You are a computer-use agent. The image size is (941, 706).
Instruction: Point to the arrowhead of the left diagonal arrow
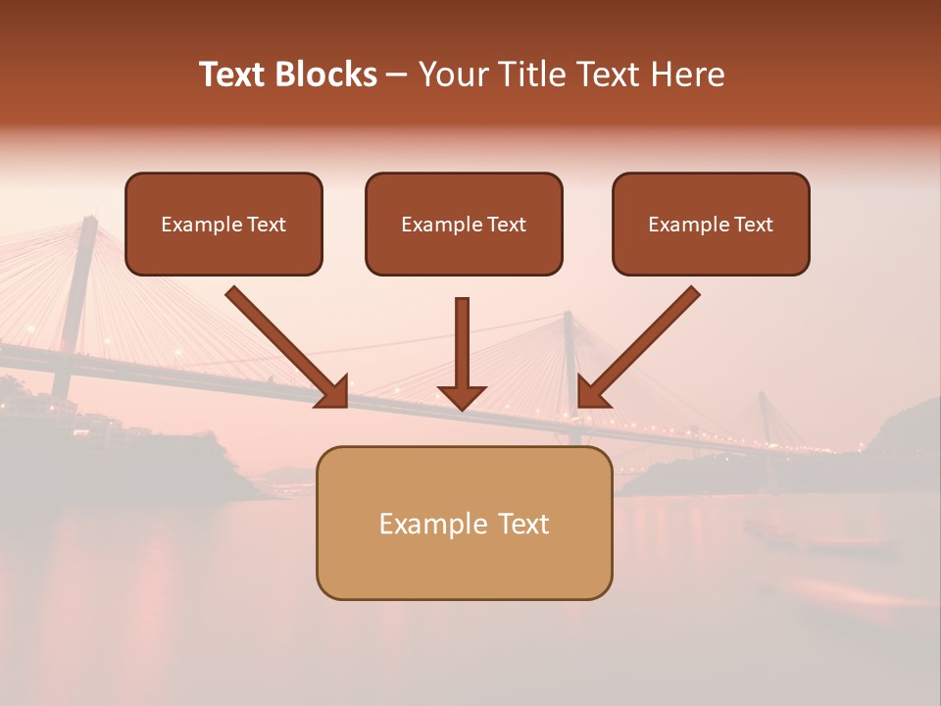(332, 392)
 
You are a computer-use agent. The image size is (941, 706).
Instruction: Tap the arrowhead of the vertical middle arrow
(462, 398)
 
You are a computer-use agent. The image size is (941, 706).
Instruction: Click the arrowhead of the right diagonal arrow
(591, 392)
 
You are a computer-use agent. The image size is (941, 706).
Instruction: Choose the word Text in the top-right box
(753, 225)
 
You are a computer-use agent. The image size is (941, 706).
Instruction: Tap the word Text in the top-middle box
(506, 225)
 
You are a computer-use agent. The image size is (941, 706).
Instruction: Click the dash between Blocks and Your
(396, 75)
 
